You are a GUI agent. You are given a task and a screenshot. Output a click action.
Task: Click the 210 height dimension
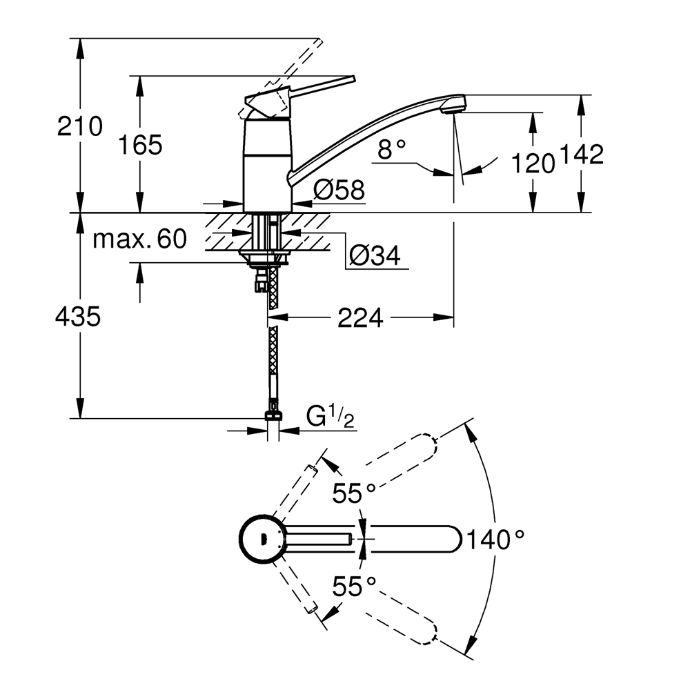click(80, 126)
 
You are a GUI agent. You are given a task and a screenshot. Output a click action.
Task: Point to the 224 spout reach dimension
click(359, 318)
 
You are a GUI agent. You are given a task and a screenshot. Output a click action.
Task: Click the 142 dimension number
click(581, 155)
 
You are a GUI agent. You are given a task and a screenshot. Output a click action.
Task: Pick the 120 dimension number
click(533, 164)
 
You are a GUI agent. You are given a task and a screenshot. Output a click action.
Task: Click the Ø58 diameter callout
click(338, 190)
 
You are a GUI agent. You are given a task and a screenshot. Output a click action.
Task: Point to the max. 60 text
click(140, 239)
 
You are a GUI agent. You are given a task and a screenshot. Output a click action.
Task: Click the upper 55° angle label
click(354, 493)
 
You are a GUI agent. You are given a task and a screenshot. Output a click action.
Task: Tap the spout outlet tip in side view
click(455, 106)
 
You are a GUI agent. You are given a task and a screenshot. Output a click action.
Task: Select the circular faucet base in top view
click(262, 538)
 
